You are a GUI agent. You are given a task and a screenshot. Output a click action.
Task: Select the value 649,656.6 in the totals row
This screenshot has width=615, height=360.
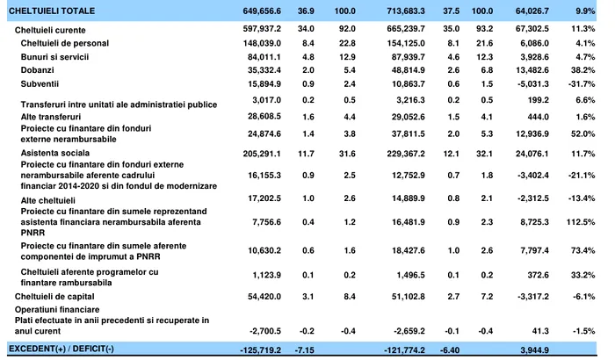[x=260, y=11]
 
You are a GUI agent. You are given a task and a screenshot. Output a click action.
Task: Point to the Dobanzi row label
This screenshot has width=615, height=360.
[x=40, y=69]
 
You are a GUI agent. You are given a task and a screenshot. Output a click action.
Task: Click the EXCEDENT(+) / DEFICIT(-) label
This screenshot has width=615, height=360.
[x=61, y=349]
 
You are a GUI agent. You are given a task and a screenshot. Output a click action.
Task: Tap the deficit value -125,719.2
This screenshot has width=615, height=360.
[x=258, y=349]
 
